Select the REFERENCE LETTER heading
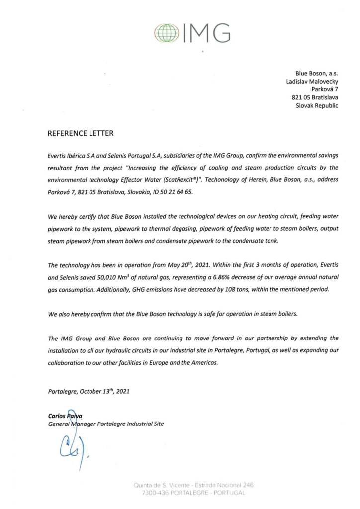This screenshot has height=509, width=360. click(x=81, y=133)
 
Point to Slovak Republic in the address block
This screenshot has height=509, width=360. click(x=317, y=106)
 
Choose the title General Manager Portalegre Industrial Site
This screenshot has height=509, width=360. click(x=105, y=424)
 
